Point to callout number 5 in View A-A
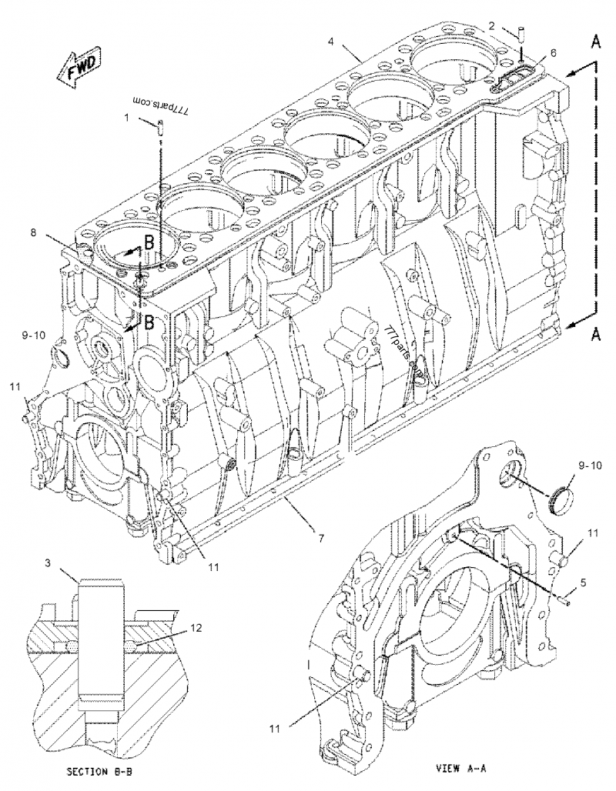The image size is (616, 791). click(583, 583)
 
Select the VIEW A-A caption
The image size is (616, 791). click(462, 767)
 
